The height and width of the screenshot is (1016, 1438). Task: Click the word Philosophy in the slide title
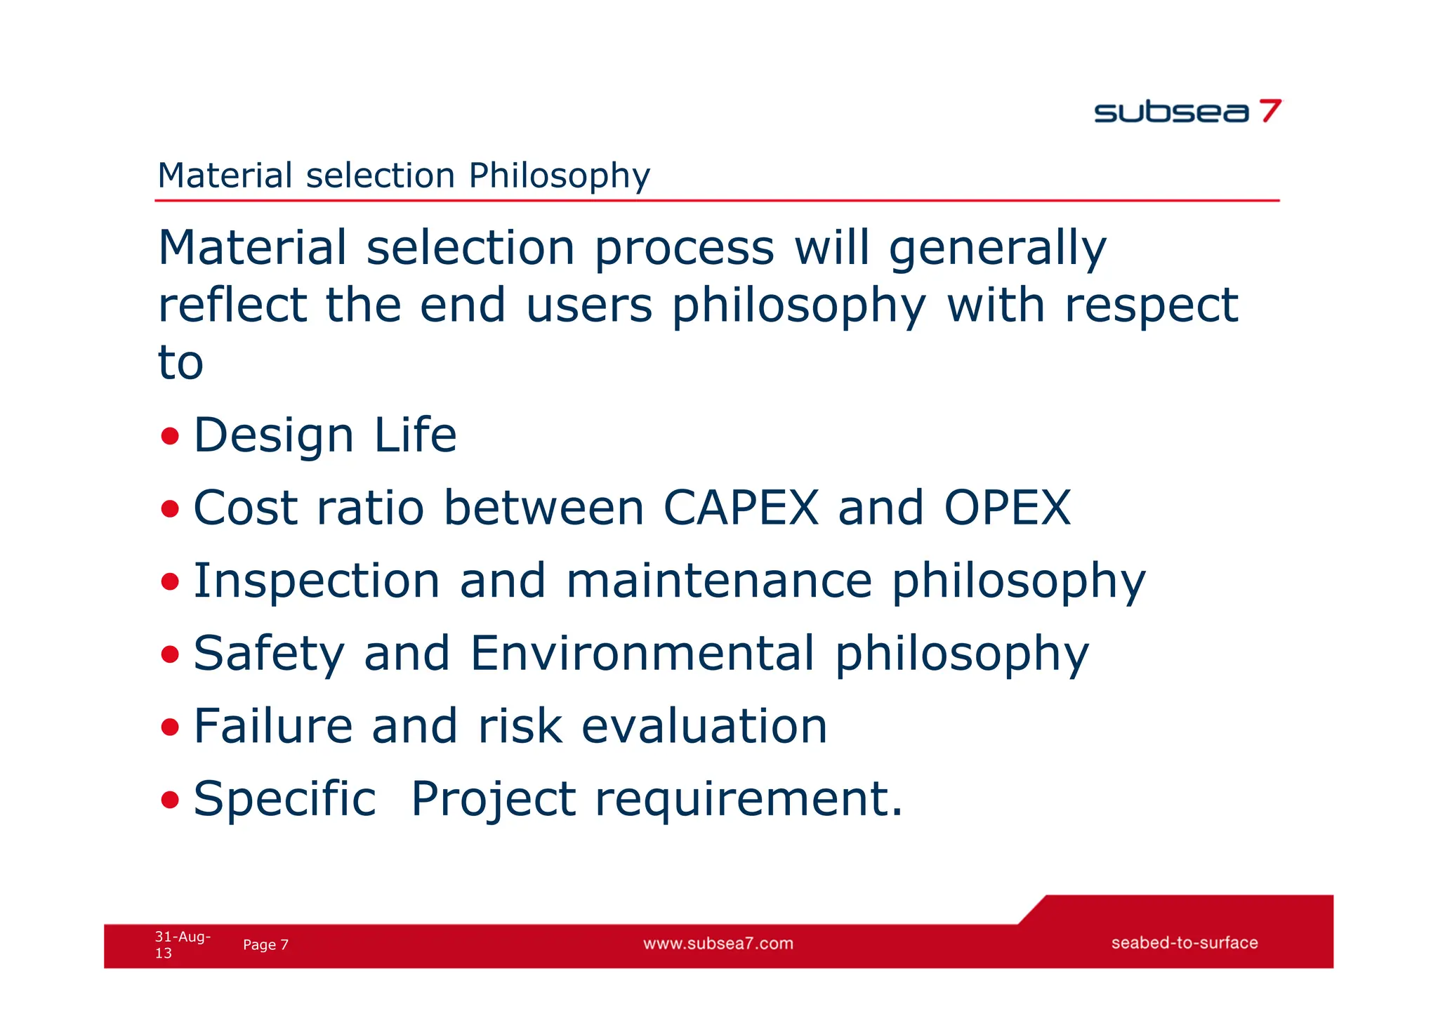click(559, 176)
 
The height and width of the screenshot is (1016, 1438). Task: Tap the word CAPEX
click(741, 508)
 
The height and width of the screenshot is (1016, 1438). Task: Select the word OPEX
click(1008, 508)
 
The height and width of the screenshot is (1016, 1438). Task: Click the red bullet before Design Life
click(170, 436)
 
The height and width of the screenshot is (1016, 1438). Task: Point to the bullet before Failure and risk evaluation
click(170, 727)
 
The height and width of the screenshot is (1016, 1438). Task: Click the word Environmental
click(642, 653)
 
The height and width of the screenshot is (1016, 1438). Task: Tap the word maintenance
click(719, 581)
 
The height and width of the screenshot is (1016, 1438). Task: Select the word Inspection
click(317, 581)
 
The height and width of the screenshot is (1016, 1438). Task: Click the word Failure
click(273, 726)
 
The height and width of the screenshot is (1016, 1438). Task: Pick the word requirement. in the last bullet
click(748, 800)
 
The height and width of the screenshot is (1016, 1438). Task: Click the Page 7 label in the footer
click(265, 945)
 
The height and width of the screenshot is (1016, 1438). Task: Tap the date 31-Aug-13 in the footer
click(182, 944)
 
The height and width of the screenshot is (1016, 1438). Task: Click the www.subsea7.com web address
click(718, 944)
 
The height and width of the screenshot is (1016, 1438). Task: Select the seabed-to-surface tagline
click(1184, 943)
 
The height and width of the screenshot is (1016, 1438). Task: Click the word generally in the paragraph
click(997, 249)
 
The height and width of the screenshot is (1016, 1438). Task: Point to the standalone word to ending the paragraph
click(180, 363)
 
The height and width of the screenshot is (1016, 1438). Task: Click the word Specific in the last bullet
click(284, 799)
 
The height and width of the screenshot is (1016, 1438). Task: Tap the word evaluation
click(704, 726)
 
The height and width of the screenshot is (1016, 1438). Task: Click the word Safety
click(269, 654)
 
